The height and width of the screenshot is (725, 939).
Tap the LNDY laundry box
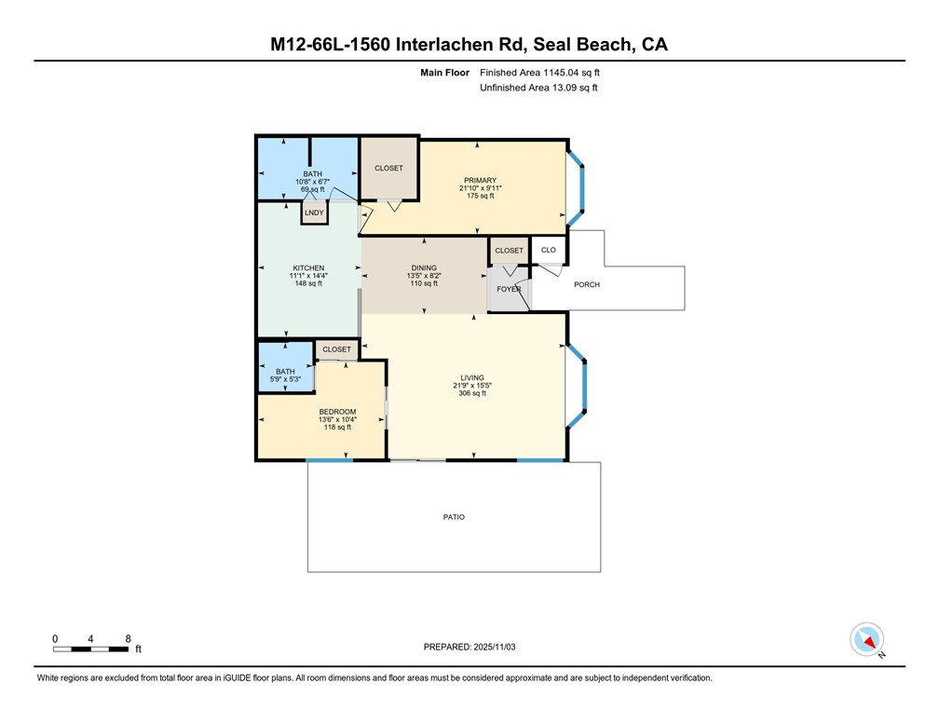(313, 212)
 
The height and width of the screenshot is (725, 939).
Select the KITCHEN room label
(307, 268)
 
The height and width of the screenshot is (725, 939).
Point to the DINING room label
(424, 268)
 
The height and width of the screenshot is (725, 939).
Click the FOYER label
(509, 289)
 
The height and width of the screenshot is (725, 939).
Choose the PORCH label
(587, 284)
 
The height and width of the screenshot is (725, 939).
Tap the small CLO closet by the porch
(549, 250)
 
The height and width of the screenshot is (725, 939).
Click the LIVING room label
(471, 377)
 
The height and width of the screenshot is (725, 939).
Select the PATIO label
(454, 517)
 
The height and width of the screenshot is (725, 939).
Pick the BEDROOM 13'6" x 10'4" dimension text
(337, 419)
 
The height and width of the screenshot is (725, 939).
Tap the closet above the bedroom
(337, 349)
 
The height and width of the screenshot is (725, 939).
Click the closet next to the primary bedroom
(388, 169)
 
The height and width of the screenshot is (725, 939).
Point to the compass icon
(867, 640)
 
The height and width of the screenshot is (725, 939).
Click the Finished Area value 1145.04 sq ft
(546, 72)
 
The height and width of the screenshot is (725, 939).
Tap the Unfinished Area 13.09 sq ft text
(538, 88)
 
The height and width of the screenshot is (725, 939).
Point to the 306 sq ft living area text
(471, 393)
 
